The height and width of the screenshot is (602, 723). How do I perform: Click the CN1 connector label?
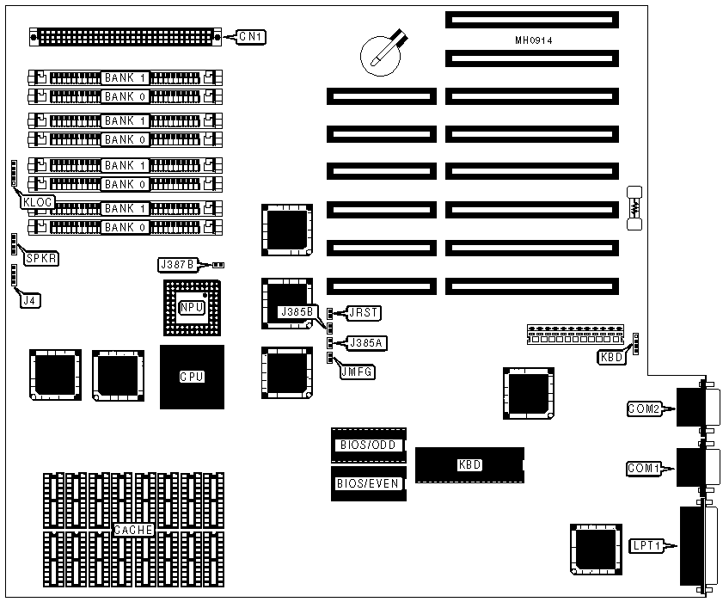[x=252, y=37]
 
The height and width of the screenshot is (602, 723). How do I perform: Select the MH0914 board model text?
[x=533, y=40]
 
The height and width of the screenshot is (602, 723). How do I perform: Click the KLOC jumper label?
[x=40, y=201]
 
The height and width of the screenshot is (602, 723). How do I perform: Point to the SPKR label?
[x=41, y=258]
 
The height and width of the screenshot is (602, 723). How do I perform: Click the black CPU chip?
[x=192, y=377]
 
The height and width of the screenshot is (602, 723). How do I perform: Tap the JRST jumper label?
[x=359, y=312]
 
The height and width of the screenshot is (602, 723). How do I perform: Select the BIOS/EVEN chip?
[x=367, y=483]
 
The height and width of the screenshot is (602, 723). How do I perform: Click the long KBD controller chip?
[x=469, y=464]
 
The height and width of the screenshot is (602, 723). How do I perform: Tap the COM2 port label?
[x=643, y=409]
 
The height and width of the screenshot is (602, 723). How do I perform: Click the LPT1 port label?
[x=645, y=545]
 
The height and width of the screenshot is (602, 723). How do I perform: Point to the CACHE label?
[x=133, y=531]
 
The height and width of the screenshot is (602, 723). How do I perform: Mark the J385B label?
[x=299, y=311]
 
